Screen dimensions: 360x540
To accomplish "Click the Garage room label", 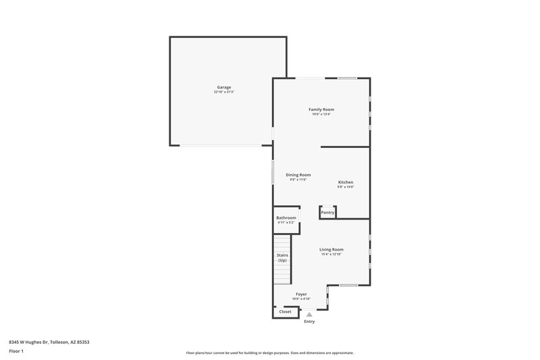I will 224,87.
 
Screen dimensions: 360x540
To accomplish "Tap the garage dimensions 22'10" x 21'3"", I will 224,92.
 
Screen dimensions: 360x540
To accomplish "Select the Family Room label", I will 321,109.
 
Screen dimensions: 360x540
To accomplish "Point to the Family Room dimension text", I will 321,114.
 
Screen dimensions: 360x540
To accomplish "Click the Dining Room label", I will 298,175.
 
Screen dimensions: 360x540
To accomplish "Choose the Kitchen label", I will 346,182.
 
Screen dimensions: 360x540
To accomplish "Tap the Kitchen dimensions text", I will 346,187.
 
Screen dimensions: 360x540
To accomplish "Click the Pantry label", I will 327,213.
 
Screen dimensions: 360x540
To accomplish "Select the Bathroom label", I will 286,217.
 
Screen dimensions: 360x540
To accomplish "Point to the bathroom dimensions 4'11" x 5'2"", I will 286,222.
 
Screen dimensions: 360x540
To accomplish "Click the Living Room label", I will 331,249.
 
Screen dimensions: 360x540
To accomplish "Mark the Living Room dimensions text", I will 331,254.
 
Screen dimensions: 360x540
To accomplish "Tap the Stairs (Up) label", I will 282,257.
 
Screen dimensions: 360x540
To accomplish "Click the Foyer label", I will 301,294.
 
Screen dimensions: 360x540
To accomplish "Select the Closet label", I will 286,311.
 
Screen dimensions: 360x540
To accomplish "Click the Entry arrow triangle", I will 309,314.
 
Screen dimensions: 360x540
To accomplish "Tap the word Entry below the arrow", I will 309,322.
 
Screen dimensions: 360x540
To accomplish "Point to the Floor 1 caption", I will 16,351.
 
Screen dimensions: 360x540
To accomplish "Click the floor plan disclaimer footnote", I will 270,353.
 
